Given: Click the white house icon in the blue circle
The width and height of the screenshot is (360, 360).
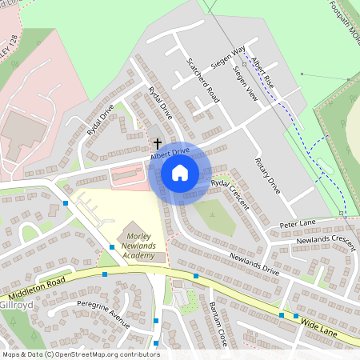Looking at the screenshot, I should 180,172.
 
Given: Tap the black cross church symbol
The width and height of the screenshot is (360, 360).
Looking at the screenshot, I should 158,143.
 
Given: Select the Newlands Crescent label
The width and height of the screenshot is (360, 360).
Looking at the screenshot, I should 325,240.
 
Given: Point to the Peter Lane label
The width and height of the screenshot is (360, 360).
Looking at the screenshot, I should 298,225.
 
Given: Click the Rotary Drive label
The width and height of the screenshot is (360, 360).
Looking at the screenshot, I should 268,175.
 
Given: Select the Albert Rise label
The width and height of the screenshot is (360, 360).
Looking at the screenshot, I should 262,73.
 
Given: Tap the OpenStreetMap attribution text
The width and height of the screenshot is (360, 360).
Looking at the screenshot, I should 80,354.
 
